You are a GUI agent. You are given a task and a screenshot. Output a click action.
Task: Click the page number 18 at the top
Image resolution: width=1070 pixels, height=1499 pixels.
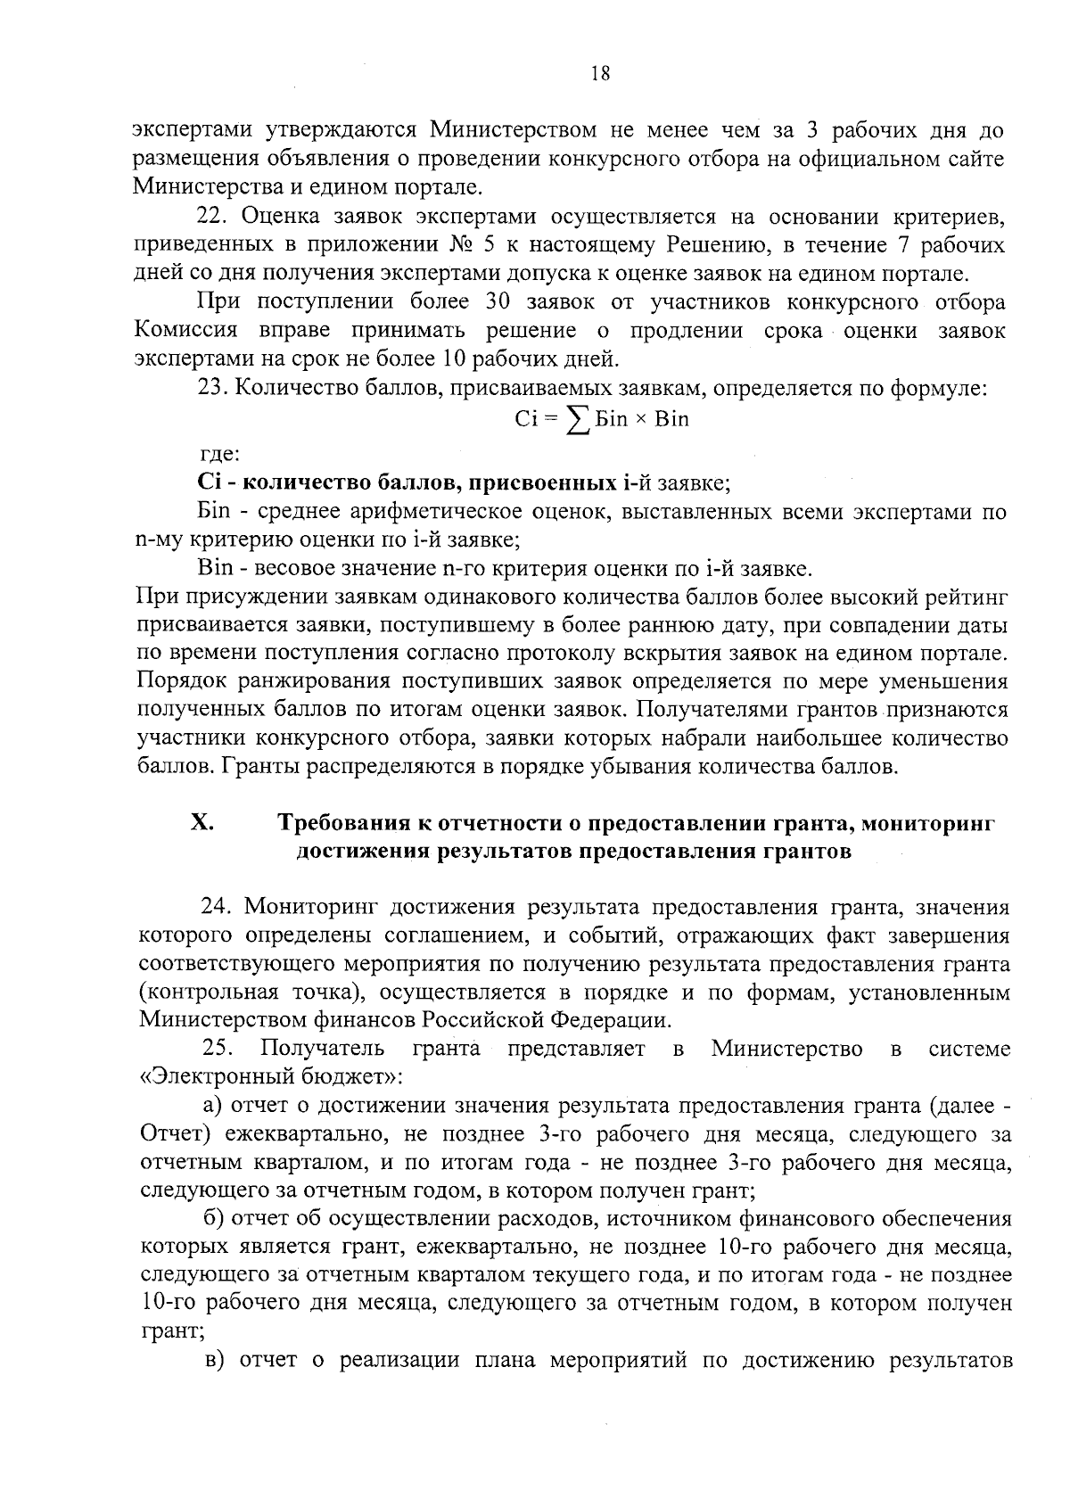600,75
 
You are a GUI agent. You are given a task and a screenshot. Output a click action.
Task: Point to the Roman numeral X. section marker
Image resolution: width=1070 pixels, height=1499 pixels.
202,822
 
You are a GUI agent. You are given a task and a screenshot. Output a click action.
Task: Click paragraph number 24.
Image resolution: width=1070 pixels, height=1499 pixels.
218,908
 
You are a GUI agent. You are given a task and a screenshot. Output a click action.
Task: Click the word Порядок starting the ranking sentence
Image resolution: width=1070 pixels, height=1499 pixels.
179,682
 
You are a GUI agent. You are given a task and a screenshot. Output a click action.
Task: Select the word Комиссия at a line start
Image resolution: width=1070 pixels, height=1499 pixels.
186,331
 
